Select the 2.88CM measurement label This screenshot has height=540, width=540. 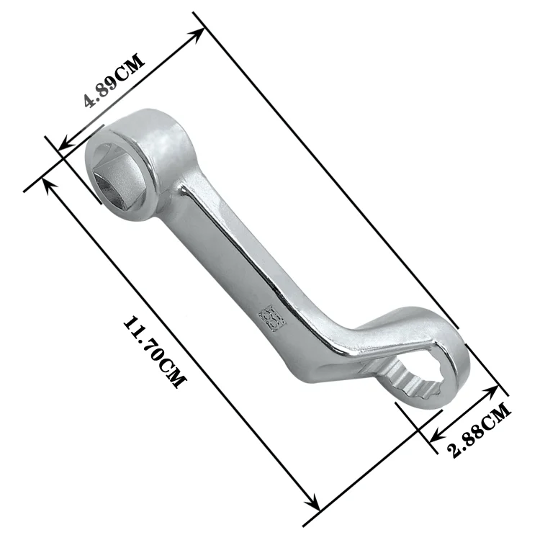tap(480, 430)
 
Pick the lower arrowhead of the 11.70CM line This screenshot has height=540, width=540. tap(314, 503)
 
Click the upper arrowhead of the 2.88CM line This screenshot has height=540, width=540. tap(492, 390)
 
